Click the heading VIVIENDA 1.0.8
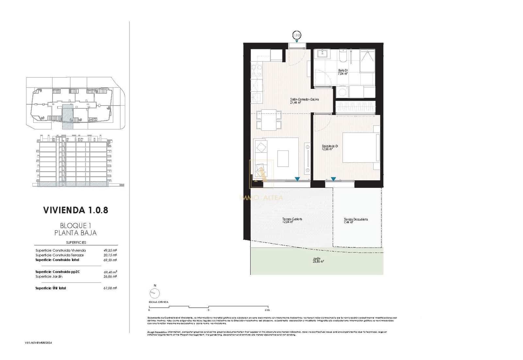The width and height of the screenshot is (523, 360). click(76, 210)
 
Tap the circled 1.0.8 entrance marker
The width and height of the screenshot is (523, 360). click(296, 35)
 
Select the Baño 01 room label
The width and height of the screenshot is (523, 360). click(343, 72)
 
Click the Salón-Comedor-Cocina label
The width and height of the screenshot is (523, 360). click(304, 101)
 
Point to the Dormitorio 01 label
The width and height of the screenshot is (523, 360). click(329, 147)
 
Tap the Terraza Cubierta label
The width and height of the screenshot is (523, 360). click(292, 221)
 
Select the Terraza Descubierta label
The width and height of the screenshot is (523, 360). click(356, 221)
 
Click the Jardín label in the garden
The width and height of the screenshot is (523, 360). click(316, 260)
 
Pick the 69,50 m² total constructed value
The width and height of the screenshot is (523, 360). click(110, 260)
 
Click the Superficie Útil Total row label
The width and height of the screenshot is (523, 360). click(51, 288)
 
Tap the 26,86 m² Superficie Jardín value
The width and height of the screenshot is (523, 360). click(110, 276)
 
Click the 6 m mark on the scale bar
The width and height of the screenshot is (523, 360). click(267, 310)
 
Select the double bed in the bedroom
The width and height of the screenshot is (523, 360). click(361, 147)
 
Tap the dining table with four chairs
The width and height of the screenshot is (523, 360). click(269, 120)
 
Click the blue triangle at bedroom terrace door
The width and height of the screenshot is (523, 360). click(333, 179)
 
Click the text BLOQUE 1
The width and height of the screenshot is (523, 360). click(75, 226)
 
